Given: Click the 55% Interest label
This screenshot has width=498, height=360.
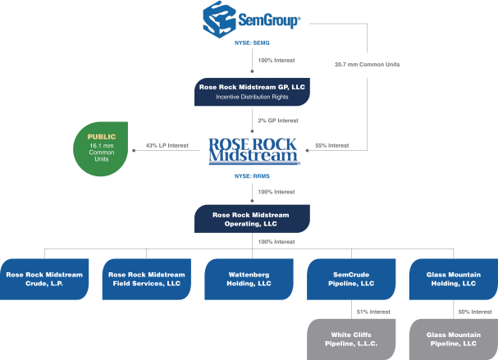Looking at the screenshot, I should (331, 146).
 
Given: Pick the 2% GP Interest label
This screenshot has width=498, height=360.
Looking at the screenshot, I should (277, 120).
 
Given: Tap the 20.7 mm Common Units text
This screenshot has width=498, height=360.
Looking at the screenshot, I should (367, 62).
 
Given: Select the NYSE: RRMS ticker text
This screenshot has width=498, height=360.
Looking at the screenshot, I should (252, 175).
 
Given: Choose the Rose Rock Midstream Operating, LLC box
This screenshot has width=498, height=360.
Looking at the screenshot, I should (252, 218).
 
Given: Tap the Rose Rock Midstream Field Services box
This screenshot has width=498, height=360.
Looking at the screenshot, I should (146, 278).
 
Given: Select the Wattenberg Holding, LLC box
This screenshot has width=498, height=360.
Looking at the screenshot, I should (248, 278).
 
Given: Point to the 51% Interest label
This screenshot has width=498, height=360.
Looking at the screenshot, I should (373, 311).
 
